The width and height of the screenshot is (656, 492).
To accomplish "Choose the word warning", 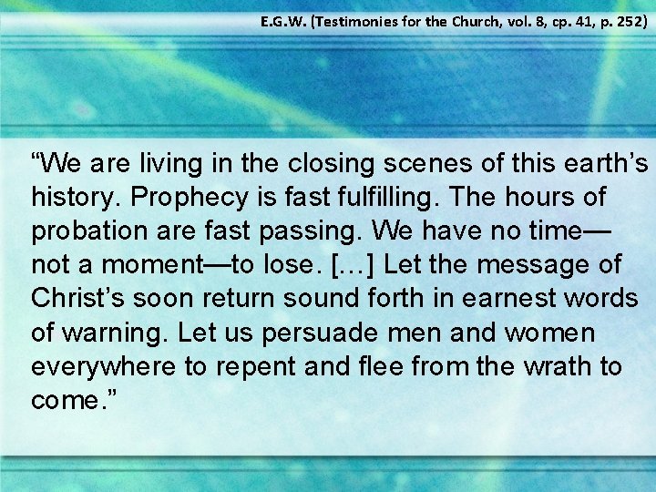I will click(112, 333).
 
